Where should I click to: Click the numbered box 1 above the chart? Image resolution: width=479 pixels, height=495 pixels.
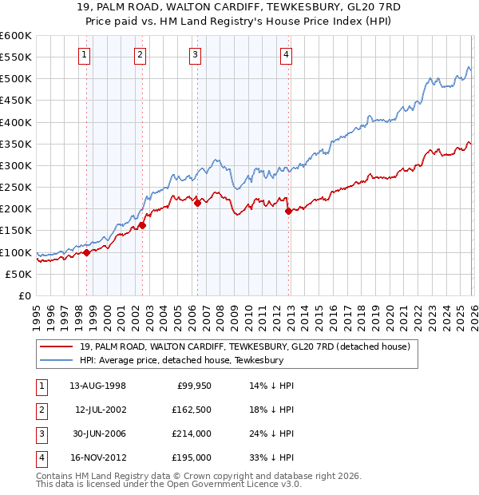tap(85, 54)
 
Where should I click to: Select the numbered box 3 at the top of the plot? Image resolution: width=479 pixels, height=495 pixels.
tap(196, 54)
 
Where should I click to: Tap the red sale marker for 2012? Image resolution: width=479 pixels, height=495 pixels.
tap(288, 211)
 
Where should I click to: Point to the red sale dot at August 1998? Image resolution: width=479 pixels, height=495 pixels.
tap(87, 252)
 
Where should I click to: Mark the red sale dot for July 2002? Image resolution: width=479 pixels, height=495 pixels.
tap(142, 225)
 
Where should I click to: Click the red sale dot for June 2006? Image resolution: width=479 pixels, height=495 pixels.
tap(197, 203)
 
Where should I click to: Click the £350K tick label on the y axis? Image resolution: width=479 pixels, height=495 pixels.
tap(15, 145)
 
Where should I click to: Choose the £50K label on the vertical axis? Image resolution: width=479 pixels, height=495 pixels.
tap(18, 274)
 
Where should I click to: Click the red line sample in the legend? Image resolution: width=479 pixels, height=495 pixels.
tap(56, 346)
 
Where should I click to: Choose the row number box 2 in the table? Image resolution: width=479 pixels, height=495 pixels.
tap(40, 410)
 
